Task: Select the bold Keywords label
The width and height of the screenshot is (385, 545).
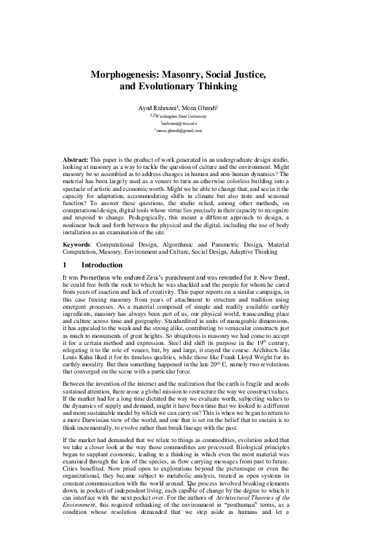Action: (76, 245)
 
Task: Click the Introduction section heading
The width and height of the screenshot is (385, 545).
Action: (102, 265)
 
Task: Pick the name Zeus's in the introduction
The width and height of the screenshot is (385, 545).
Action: (168, 277)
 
